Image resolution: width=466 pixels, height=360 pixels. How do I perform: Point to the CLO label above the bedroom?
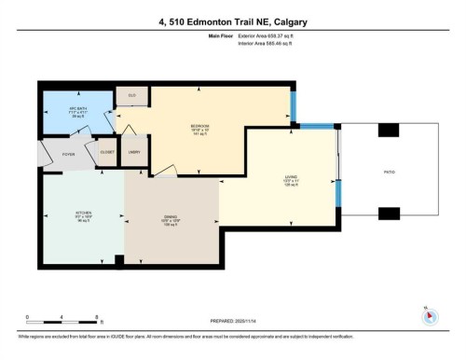[131, 95]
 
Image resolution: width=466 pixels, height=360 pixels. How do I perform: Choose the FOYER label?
[56, 154]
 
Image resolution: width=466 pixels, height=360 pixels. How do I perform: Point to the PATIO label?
[389, 172]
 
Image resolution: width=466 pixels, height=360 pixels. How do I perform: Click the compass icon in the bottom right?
[429, 315]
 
